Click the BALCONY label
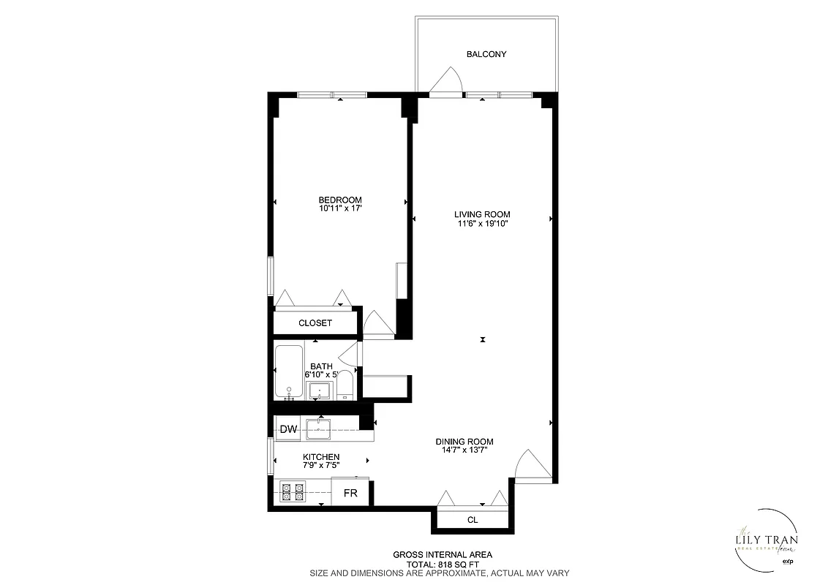pos(486,54)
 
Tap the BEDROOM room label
pos(339,200)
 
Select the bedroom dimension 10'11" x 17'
pos(339,209)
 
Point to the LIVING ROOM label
pos(481,214)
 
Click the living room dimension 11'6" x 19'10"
pos(481,224)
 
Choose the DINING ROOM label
pos(464,442)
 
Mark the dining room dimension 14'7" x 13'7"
pos(464,450)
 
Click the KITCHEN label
pos(321,457)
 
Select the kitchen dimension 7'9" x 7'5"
pos(321,466)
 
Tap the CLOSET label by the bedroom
pos(315,323)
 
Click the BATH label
pos(321,366)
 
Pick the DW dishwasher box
pos(288,429)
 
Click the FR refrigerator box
pos(350,494)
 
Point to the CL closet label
pos(473,520)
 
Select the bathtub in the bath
pos(290,371)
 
